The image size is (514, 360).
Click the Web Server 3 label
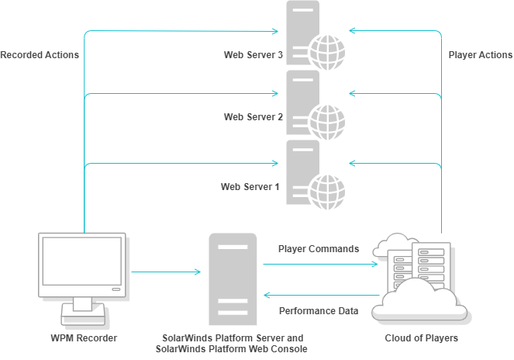(x=253, y=55)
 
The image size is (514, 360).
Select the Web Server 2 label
(x=253, y=117)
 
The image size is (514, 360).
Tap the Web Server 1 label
(x=250, y=187)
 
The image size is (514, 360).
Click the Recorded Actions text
(x=40, y=55)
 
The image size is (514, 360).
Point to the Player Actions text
(x=481, y=55)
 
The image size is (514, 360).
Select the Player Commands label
(x=319, y=249)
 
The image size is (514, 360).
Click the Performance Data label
(x=319, y=311)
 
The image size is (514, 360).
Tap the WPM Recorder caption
(x=85, y=338)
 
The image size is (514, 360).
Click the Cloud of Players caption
(x=422, y=338)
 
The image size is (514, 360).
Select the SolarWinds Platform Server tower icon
(x=233, y=279)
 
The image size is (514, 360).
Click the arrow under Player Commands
(x=319, y=264)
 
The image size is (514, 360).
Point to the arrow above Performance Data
(x=319, y=296)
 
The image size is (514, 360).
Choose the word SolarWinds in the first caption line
(x=185, y=338)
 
